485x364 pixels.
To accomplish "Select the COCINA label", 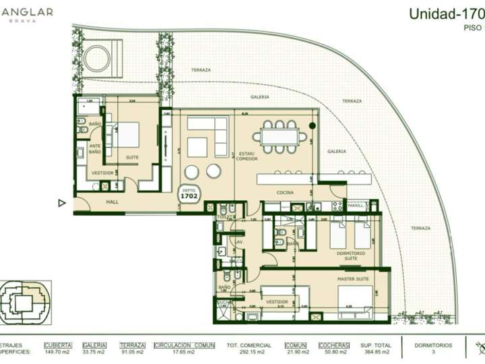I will point(284,193).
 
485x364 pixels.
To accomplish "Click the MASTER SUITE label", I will point(352,278).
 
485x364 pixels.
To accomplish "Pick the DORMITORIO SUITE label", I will point(350,256).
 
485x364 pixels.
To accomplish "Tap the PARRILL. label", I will point(356,206).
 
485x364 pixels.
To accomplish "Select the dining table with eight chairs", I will point(280,136).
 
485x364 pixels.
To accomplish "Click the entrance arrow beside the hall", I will point(62,202).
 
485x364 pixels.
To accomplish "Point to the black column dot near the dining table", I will point(312,125).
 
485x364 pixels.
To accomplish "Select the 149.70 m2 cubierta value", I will point(57,352).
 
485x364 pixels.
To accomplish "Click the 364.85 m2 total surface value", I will point(377,352).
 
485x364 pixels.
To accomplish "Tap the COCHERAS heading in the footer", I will point(335,344).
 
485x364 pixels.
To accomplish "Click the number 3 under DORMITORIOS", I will point(433,352).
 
